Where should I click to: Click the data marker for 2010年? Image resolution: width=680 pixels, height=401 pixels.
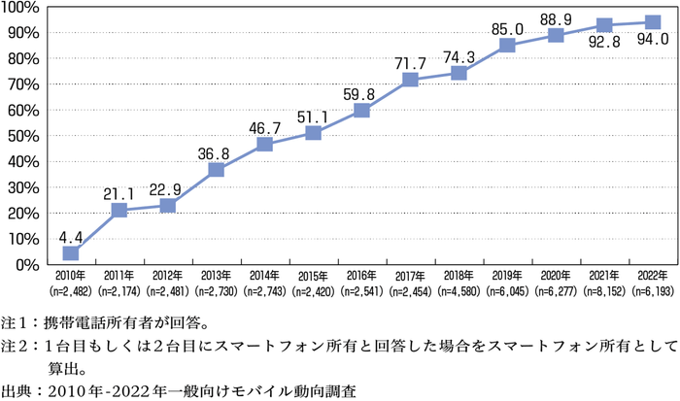(x=71, y=252)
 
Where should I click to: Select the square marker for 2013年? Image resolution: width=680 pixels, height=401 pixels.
(x=217, y=170)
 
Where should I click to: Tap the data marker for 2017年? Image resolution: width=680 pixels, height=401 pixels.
(x=410, y=80)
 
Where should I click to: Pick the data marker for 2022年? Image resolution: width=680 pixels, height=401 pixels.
(x=653, y=22)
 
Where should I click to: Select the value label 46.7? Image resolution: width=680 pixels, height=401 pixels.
(x=265, y=125)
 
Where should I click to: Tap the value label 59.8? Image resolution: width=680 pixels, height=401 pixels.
(x=361, y=93)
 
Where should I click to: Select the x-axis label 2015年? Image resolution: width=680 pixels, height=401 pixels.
(x=313, y=274)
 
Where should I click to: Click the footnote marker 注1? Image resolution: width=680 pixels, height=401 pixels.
(x=16, y=319)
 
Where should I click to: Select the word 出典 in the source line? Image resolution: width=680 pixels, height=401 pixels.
(x=16, y=391)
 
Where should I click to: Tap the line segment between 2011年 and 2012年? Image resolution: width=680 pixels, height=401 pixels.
(x=144, y=208)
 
